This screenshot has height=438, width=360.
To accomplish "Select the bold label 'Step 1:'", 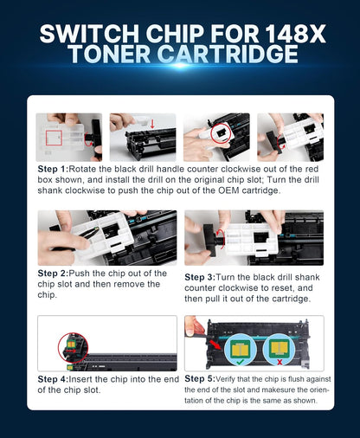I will (x=57, y=168).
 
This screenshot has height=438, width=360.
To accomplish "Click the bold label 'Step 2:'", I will (x=57, y=274).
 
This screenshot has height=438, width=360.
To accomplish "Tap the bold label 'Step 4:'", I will (x=57, y=378).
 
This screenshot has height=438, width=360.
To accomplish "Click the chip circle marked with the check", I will (x=238, y=346).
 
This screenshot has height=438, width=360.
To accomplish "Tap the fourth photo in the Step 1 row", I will (x=290, y=137).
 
